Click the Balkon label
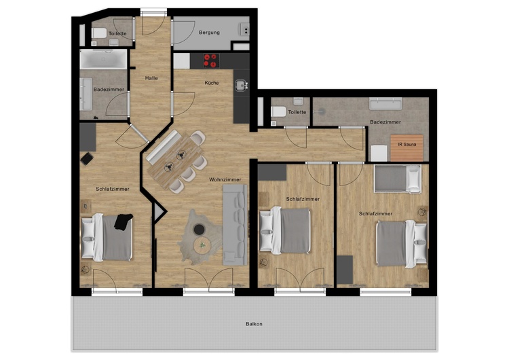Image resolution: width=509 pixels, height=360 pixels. [x=254, y=324]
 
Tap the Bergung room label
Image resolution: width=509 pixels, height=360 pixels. [x=208, y=33]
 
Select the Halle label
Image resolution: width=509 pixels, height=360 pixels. [x=151, y=78]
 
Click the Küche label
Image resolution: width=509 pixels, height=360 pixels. [x=212, y=83]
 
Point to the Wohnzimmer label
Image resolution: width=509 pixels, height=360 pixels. [x=225, y=179]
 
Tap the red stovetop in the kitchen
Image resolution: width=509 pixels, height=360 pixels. [x=210, y=60]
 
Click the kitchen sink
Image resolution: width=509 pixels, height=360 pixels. [x=241, y=86]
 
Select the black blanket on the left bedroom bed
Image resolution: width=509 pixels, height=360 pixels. [x=123, y=222]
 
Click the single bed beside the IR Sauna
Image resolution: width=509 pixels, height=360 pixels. [x=398, y=179]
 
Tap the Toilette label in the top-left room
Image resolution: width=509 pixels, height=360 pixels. [x=117, y=33]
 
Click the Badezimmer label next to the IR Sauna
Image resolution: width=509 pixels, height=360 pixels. [x=385, y=122]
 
